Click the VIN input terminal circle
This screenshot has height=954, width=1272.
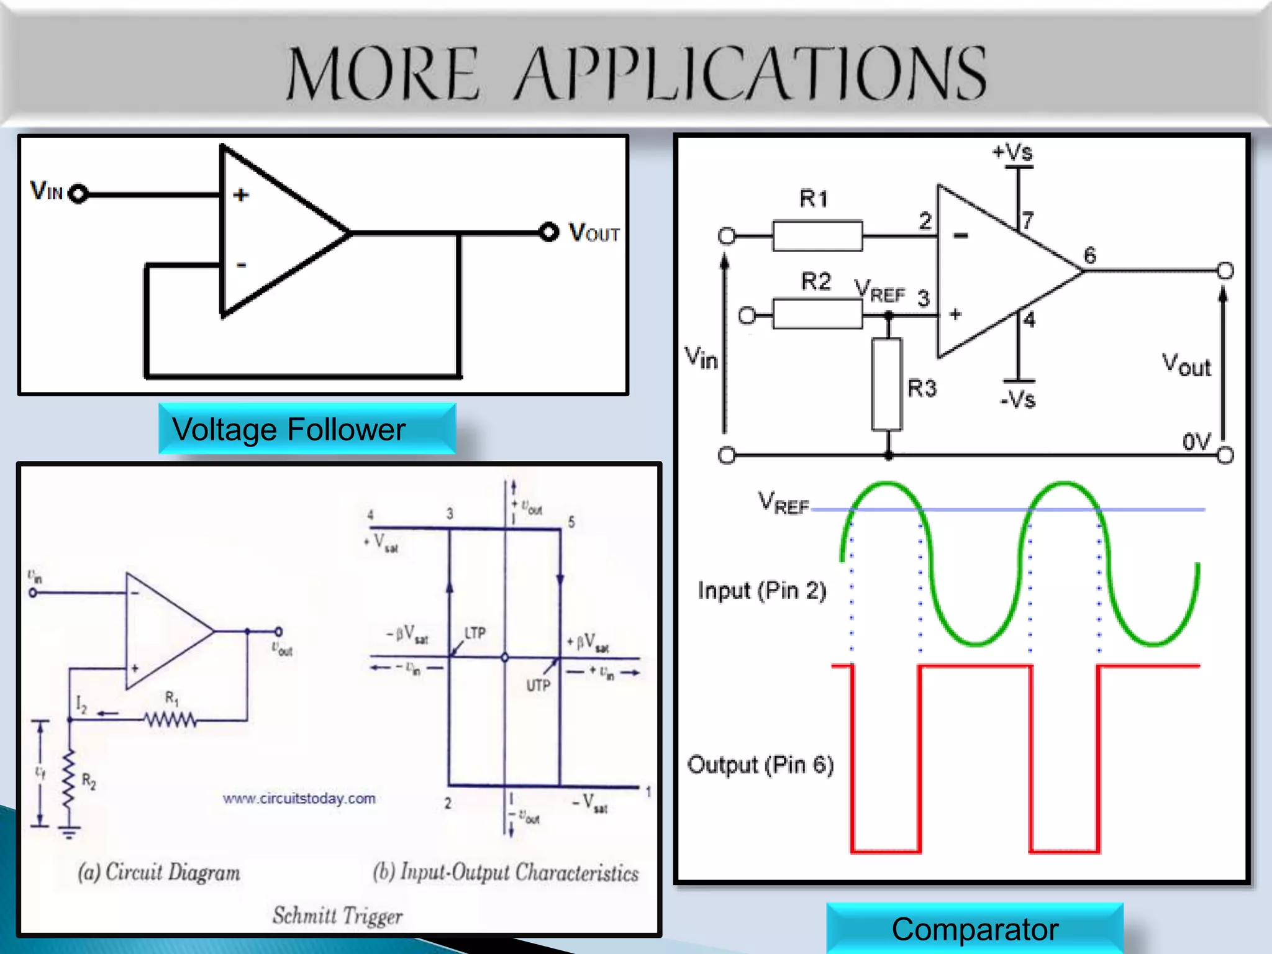[x=78, y=194]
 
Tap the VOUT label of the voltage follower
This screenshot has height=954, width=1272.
[x=594, y=233]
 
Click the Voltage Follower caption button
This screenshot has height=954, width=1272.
[x=307, y=429]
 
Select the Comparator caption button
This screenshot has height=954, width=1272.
[x=974, y=929]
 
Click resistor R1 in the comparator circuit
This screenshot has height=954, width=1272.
[x=817, y=235]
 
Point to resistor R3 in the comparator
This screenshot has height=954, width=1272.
[x=887, y=384]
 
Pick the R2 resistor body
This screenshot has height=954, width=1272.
[x=817, y=314]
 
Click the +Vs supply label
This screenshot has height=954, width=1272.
[x=1012, y=152]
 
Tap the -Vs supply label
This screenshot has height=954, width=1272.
[x=1017, y=399]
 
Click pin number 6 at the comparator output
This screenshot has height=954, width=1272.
[x=1090, y=255]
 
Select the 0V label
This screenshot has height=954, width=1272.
[x=1196, y=442]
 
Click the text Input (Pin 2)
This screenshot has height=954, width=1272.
[x=761, y=590]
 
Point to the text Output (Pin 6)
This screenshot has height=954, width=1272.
[x=760, y=765]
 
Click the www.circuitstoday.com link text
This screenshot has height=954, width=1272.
[x=299, y=798]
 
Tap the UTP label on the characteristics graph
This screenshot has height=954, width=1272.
[x=538, y=685]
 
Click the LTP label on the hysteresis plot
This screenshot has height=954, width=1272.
[x=475, y=633]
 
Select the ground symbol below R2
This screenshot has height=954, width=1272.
[x=69, y=832]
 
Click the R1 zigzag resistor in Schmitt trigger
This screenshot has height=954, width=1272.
[x=171, y=720]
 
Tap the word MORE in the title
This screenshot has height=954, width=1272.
[x=383, y=74]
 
